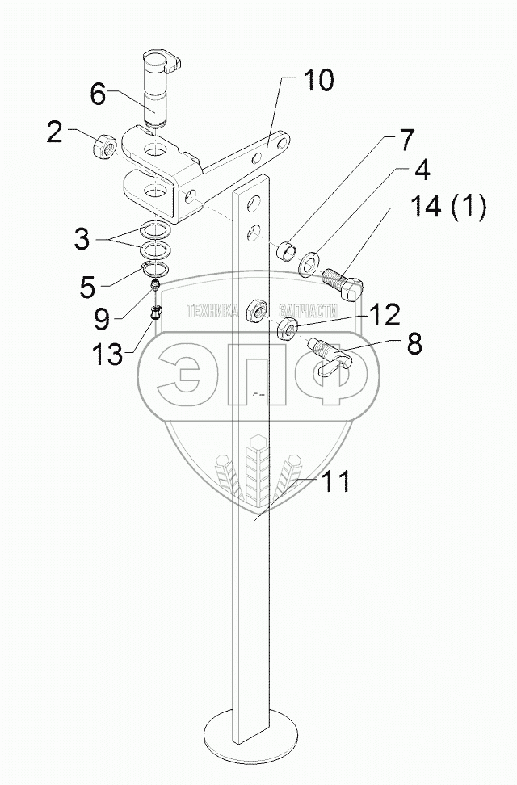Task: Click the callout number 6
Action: pyautogui.click(x=97, y=94)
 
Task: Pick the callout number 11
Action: pyautogui.click(x=336, y=482)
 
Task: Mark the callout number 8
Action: pyautogui.click(x=414, y=345)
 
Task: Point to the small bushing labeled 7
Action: pyautogui.click(x=284, y=250)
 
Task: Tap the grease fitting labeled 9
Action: pyautogui.click(x=155, y=285)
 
